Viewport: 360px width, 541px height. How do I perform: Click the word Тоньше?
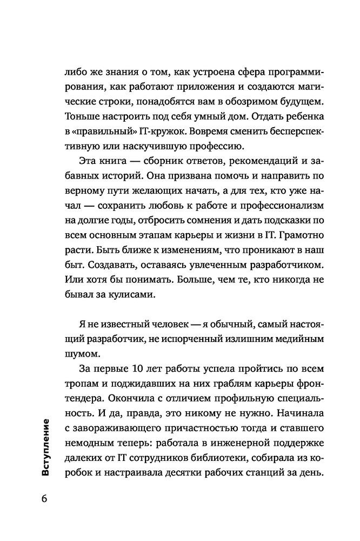[82, 116]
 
